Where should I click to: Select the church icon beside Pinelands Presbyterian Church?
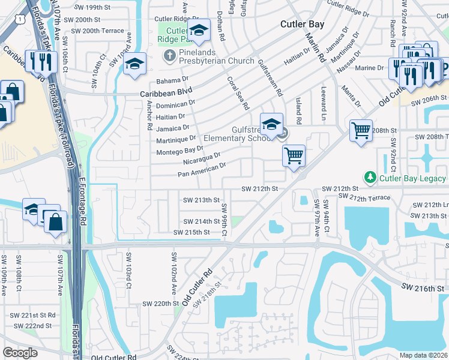pyautogui.click(x=169, y=56)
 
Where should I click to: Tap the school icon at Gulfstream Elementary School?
pyautogui.click(x=271, y=124)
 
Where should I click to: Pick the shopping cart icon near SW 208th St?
pyautogui.click(x=361, y=130)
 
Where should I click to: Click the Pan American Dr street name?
pyautogui.click(x=202, y=170)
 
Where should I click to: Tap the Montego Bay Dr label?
pyautogui.click(x=180, y=151)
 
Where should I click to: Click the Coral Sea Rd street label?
pyautogui.click(x=238, y=93)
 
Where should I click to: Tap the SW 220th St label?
pyautogui.click(x=154, y=304)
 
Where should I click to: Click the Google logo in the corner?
pyautogui.click(x=20, y=352)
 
